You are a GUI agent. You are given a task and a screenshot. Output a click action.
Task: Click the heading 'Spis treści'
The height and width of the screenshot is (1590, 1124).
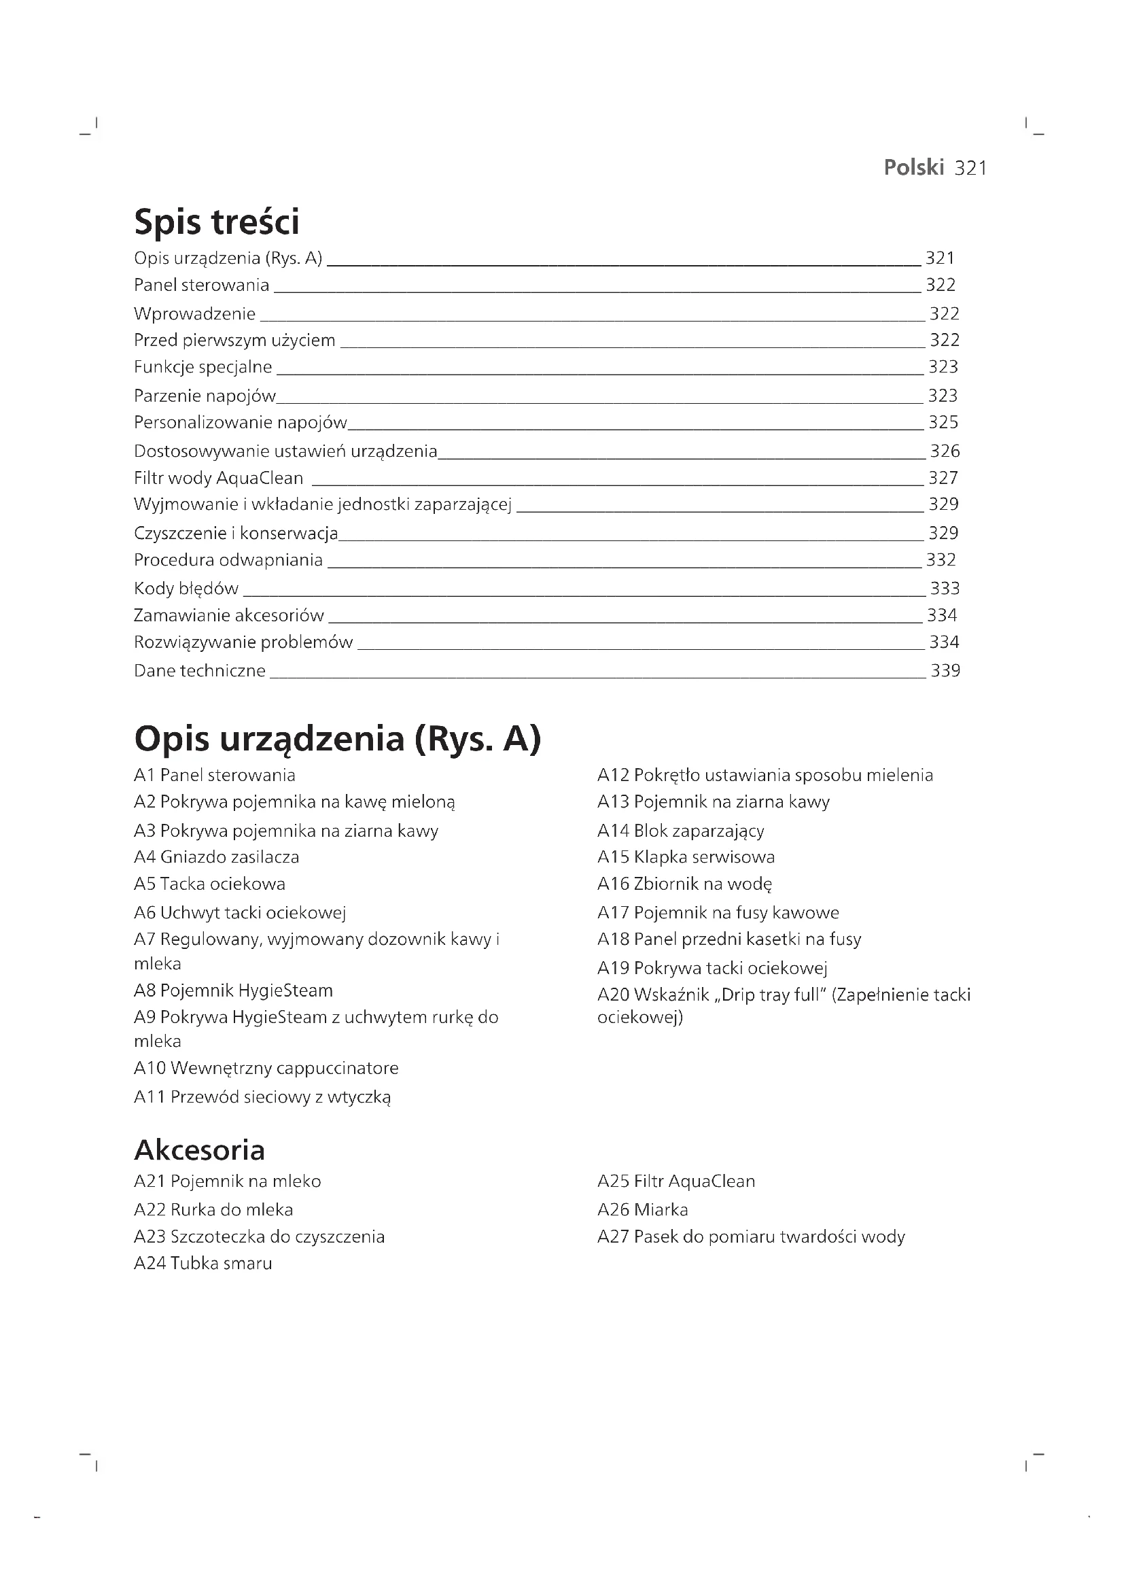216,222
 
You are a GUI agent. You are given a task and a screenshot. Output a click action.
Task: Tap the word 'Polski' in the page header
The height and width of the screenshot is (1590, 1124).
913,168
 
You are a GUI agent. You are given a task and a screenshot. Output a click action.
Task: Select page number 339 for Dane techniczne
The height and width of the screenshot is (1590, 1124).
945,670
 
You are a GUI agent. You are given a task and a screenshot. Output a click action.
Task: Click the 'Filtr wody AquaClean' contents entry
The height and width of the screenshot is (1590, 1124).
218,478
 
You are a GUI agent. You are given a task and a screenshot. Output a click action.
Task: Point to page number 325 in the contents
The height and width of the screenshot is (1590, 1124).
943,422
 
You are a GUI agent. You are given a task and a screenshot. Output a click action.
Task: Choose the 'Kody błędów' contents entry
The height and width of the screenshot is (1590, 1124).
186,589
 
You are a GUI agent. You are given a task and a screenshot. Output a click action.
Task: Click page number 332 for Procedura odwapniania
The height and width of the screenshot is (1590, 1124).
941,559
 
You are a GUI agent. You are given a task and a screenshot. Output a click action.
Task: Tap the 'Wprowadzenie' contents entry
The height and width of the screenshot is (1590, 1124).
194,313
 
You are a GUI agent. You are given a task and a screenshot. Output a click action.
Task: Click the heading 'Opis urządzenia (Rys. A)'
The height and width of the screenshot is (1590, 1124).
337,738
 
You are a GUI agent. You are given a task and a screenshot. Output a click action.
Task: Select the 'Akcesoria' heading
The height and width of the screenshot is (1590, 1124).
199,1150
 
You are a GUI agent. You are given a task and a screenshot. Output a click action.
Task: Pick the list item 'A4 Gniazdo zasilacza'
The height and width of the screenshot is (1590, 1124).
216,857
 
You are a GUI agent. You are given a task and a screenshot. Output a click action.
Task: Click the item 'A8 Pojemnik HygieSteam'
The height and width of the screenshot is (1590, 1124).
232,990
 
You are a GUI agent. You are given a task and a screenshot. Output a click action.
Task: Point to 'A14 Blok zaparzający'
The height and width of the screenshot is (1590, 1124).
680,830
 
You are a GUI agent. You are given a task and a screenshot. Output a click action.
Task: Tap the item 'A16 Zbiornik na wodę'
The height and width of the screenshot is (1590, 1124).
684,884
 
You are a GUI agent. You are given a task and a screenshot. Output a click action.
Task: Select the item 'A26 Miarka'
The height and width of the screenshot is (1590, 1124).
642,1209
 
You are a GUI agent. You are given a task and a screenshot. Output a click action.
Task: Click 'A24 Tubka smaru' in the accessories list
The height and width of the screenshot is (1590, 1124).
203,1263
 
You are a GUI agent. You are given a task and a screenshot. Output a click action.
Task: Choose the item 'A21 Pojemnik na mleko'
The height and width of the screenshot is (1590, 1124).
227,1181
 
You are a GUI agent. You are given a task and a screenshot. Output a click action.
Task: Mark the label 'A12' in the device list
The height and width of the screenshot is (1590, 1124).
612,775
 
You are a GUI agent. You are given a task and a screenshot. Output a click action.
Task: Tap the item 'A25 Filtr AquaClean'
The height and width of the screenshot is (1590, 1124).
675,1181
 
